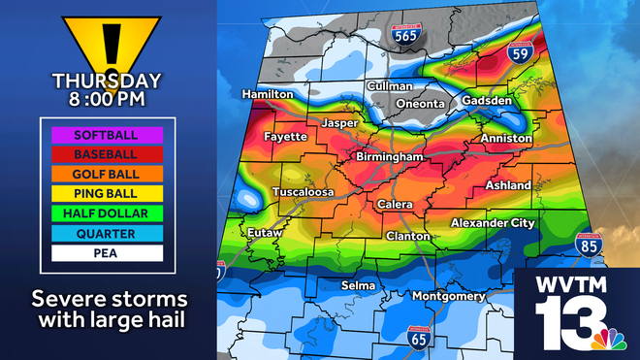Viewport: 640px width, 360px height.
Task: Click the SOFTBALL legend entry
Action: pos(101,134)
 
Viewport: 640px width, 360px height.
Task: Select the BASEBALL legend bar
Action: pos(101,153)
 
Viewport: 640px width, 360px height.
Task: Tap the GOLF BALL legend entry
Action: pos(101,174)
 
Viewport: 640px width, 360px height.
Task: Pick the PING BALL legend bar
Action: pos(101,193)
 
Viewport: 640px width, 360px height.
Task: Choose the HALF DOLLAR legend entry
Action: pos(101,213)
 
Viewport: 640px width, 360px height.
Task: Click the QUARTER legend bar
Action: pos(101,233)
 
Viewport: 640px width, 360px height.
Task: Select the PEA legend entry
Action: pos(101,253)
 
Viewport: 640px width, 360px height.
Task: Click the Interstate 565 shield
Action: pos(406,34)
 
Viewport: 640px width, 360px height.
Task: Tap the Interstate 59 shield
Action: pos(521,51)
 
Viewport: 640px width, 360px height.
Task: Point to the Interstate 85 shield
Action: pos(587,246)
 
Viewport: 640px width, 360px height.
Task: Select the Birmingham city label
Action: pos(390,156)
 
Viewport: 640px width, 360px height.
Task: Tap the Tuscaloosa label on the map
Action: pos(303,192)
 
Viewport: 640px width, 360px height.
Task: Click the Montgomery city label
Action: pos(449,296)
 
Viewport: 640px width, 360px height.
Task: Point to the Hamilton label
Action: pos(268,94)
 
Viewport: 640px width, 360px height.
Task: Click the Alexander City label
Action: pos(493,223)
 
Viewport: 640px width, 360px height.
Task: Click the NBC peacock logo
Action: pos(608,341)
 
